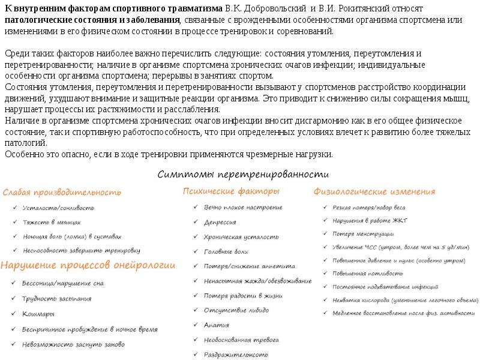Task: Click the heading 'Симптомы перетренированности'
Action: tap(244, 175)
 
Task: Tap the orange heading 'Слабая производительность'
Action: tap(62, 193)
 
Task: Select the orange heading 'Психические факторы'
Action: tap(231, 192)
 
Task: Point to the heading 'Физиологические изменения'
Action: tap(374, 192)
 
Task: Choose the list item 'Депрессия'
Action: tap(220, 222)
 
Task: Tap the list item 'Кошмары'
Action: tap(38, 314)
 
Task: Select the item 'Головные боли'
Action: tap(225, 252)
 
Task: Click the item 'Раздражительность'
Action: tap(236, 354)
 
